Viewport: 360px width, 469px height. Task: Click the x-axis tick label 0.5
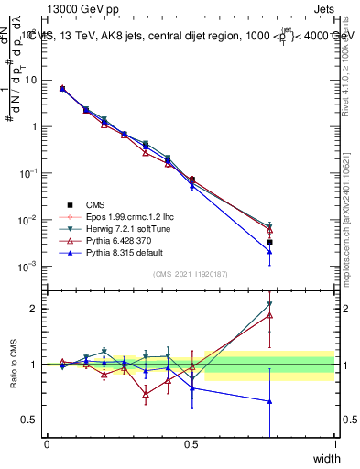(x=191, y=444)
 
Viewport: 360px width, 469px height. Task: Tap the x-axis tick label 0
(x=47, y=444)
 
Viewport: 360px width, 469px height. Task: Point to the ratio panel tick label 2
(x=36, y=309)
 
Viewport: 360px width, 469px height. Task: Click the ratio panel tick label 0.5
(x=32, y=420)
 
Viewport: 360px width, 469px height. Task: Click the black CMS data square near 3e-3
(x=270, y=243)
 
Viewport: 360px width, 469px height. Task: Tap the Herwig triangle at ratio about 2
(x=270, y=305)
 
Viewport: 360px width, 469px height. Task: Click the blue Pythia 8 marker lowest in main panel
(x=270, y=252)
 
